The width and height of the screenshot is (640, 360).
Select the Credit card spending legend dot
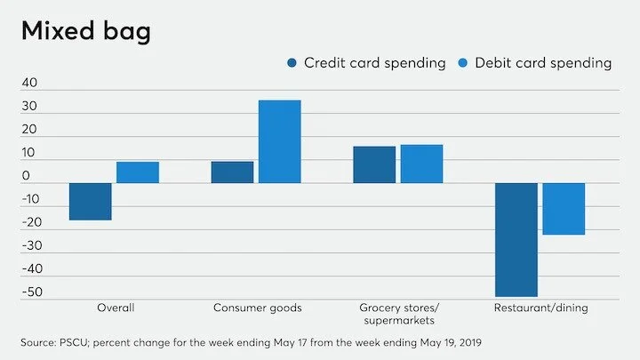point(292,63)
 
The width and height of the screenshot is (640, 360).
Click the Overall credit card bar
point(90,202)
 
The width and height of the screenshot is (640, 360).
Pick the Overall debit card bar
point(138,172)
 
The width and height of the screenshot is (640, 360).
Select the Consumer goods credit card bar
point(232,172)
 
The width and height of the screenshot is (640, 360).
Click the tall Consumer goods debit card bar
point(279,141)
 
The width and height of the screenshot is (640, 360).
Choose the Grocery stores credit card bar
point(374,164)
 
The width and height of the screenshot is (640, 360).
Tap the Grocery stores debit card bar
point(421,164)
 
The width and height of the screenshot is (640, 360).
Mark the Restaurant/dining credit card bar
point(516,239)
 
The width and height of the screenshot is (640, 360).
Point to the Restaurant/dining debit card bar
point(564,209)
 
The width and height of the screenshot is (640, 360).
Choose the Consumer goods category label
point(257,308)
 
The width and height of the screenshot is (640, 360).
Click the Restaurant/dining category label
point(540,308)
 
